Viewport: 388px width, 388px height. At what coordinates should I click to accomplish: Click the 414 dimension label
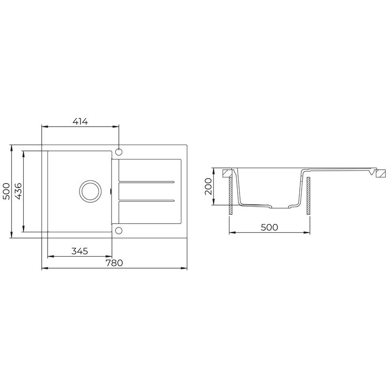80,122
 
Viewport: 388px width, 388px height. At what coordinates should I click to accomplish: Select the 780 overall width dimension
114,263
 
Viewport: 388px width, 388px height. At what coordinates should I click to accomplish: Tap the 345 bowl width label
80,251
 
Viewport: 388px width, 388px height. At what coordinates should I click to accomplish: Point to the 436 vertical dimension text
18,191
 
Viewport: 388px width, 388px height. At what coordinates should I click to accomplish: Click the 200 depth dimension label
209,186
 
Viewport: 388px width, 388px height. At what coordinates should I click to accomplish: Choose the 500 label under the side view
270,227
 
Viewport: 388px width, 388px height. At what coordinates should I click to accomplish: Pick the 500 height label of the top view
6,191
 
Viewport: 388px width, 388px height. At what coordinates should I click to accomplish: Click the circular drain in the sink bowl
90,191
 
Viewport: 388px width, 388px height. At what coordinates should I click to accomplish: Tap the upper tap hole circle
119,152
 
